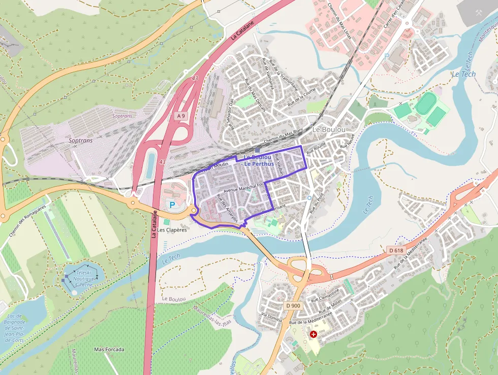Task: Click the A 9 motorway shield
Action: point(181,117)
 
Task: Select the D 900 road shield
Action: point(293,305)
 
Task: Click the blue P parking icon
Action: point(172,205)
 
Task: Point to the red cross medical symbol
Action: point(314,334)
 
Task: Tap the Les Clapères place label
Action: point(172,230)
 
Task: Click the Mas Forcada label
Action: point(109,350)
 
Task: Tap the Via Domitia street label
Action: point(271,315)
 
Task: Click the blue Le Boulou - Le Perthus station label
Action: point(259,160)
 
